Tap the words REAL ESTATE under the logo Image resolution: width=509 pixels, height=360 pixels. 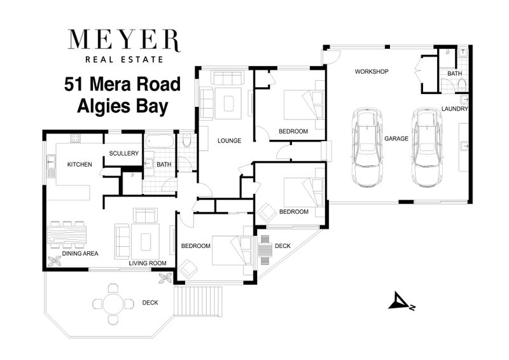[x=125, y=59]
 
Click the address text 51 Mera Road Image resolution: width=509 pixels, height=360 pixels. [x=122, y=84]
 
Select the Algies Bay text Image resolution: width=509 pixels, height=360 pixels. [x=122, y=106]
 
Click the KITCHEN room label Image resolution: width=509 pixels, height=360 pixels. [x=80, y=165]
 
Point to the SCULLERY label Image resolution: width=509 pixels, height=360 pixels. [x=123, y=153]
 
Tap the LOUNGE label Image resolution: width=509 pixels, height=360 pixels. [x=228, y=141]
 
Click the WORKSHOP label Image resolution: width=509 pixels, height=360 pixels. [x=372, y=71]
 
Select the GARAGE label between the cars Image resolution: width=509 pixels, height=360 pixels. [x=396, y=138]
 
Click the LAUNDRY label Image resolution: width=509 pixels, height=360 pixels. [x=455, y=109]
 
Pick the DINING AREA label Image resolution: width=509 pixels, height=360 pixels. [x=80, y=254]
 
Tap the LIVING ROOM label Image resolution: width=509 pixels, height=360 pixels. [x=147, y=263]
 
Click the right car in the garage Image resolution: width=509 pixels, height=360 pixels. [x=425, y=148]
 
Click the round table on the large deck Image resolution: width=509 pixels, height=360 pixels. [x=112, y=303]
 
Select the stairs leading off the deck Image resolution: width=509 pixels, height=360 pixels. [x=200, y=302]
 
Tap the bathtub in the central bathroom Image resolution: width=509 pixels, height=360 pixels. [x=158, y=141]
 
